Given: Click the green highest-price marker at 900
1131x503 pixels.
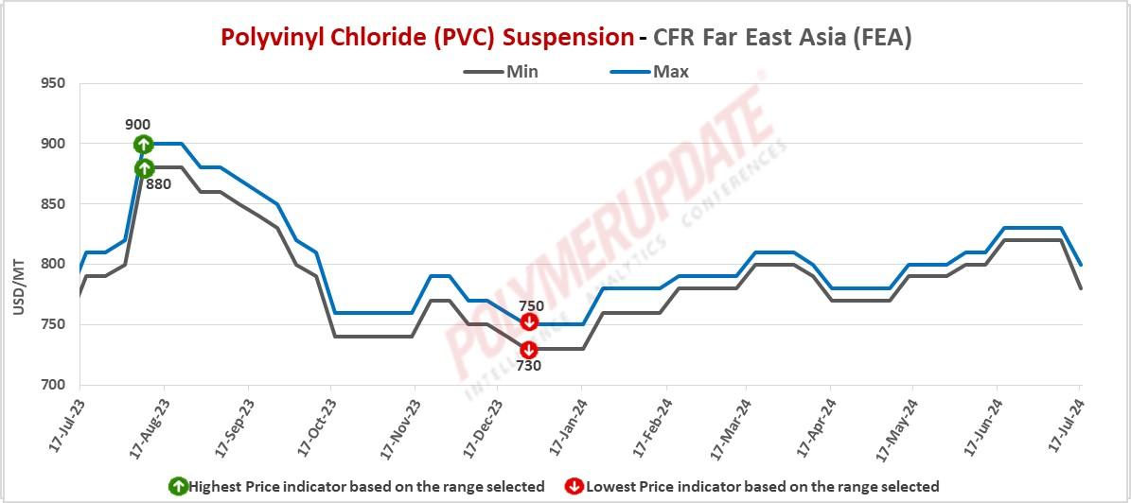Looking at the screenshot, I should pyautogui.click(x=143, y=145).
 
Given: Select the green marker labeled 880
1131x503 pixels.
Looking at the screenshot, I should pyautogui.click(x=144, y=168).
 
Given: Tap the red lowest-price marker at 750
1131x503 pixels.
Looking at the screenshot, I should pyautogui.click(x=529, y=323).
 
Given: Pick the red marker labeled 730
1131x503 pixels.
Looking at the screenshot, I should pyautogui.click(x=528, y=349).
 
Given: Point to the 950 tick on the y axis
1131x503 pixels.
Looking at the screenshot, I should pyautogui.click(x=53, y=83).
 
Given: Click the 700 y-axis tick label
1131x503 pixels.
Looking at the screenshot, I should pyautogui.click(x=53, y=385).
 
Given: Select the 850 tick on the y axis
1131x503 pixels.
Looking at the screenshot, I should pyautogui.click(x=53, y=204).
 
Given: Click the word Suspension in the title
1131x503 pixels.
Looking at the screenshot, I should pyautogui.click(x=568, y=38).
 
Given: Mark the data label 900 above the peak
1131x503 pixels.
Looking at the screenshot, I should pyautogui.click(x=137, y=125).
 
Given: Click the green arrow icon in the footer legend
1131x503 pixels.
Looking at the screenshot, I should pyautogui.click(x=177, y=487).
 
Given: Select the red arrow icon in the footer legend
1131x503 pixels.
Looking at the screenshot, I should pyautogui.click(x=574, y=487).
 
